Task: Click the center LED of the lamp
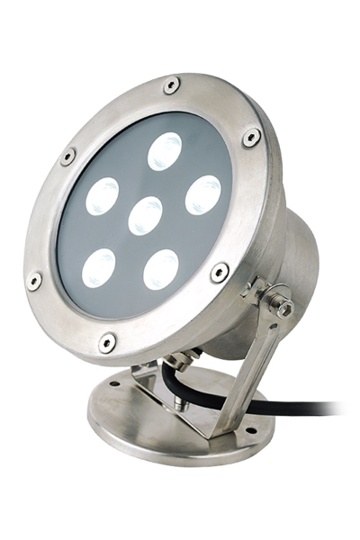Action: point(145,216)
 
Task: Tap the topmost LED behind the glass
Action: point(165,152)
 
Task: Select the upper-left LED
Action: point(103,197)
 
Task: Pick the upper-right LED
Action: point(203,194)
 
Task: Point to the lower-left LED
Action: point(98,267)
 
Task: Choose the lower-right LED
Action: point(161,269)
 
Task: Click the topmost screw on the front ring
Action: point(171,85)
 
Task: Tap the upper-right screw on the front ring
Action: point(252,137)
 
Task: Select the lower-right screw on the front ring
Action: point(219,271)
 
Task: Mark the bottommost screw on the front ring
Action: point(107,341)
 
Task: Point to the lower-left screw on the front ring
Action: point(34,280)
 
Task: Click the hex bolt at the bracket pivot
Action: point(284,308)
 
